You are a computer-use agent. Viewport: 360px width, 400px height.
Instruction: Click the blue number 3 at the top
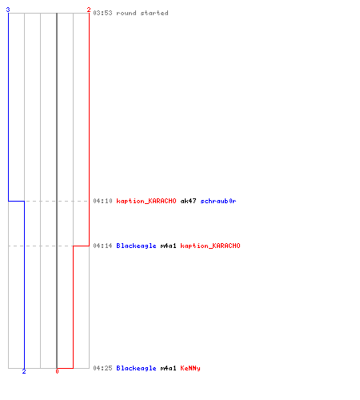coord(8,10)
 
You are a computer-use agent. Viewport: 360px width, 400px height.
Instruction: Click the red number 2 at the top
coord(89,10)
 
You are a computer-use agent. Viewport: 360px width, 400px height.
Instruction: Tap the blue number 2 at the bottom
coord(24,371)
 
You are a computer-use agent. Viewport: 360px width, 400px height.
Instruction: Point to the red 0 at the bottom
coord(57,371)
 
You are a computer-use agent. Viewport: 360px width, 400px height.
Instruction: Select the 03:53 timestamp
coord(102,13)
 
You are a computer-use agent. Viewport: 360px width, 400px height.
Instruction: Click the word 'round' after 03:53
coord(126,13)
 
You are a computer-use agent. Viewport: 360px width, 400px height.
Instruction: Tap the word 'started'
coord(154,13)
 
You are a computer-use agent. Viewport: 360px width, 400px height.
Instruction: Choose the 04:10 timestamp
coord(102,201)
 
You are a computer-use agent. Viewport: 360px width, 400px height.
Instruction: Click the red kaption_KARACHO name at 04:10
coord(146,201)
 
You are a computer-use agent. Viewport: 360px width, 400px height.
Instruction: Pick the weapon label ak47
coord(188,201)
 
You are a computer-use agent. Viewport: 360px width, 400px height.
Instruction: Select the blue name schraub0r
coord(218,201)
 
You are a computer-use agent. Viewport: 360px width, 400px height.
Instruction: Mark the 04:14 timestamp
coord(102,246)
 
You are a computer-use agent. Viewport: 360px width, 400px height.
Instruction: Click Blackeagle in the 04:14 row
coord(136,246)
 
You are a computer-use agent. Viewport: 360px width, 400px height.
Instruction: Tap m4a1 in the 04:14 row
coord(168,246)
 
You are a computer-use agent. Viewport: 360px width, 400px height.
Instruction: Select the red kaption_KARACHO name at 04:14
coord(210,246)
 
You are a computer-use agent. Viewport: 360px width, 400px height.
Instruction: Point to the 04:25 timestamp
coord(102,368)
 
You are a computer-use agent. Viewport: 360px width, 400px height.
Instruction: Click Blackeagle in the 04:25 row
coord(136,368)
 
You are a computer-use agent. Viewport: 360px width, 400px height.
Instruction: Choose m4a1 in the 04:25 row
coord(168,368)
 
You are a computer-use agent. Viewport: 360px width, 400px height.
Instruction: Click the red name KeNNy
coord(190,368)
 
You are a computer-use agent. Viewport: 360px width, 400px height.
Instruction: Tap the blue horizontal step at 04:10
coord(16,201)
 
